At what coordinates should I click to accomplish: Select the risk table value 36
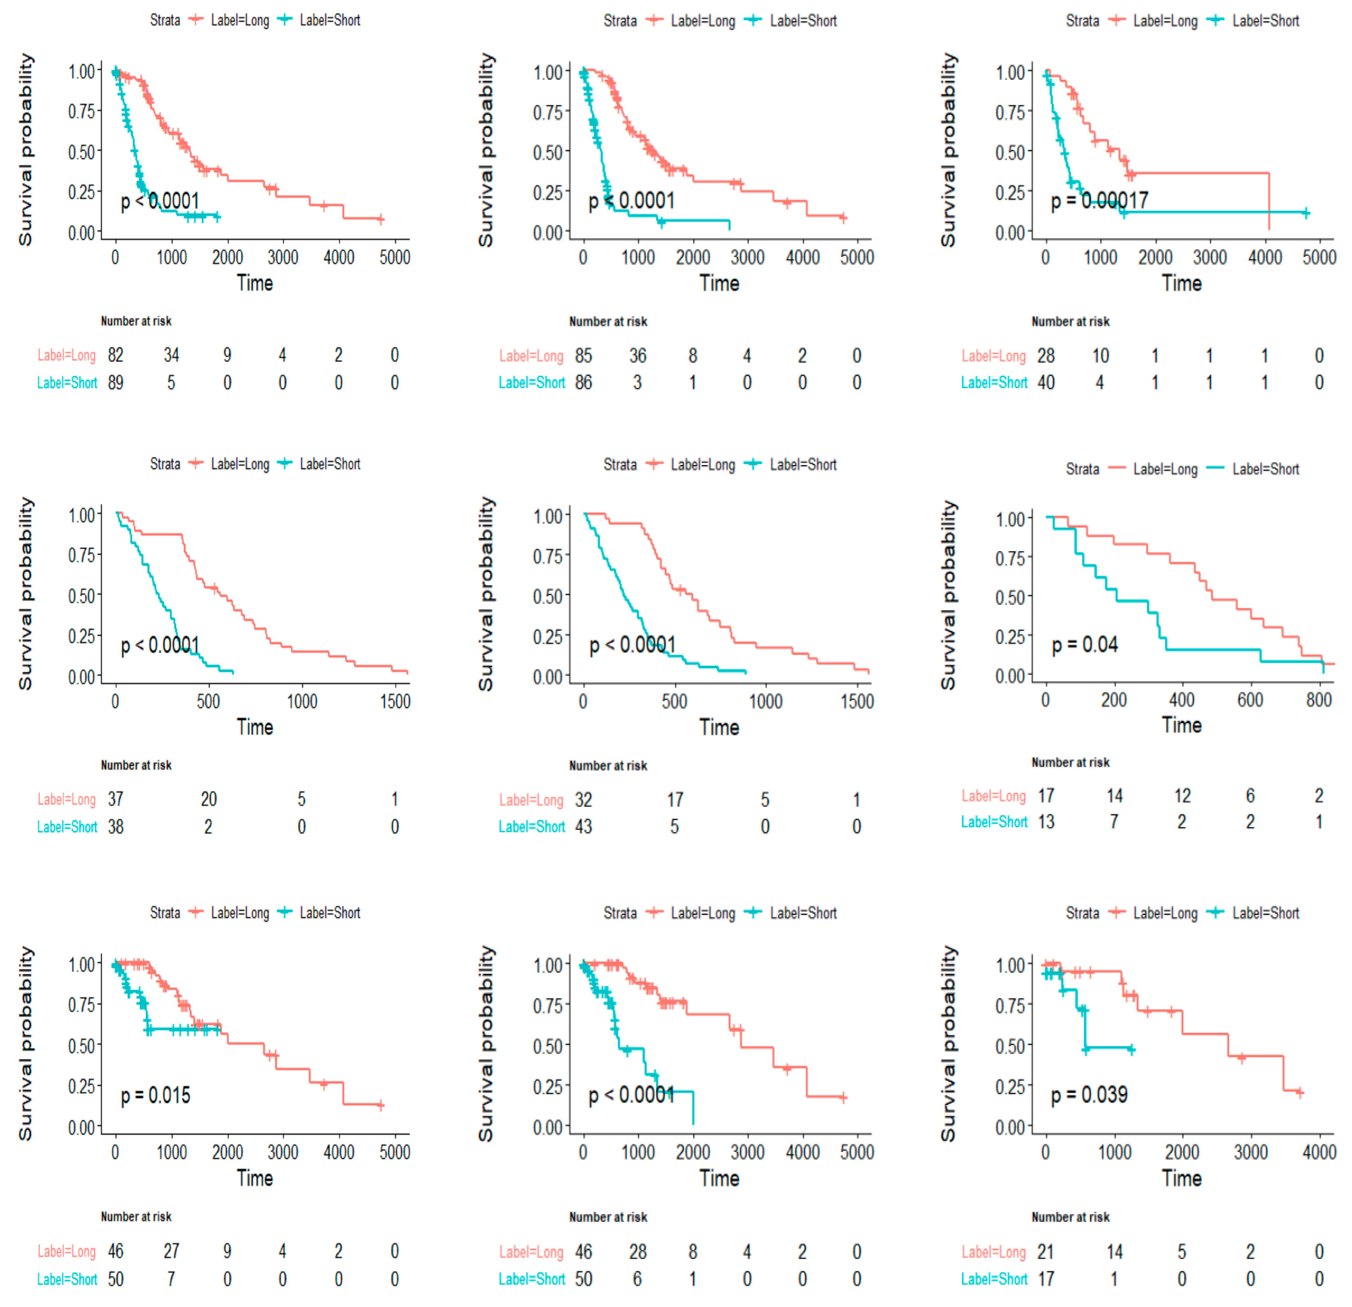[637, 356]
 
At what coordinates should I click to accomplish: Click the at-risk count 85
[584, 356]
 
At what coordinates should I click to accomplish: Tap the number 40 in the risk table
[1046, 383]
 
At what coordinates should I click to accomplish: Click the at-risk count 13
[1046, 822]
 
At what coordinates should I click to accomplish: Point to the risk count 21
[1046, 1252]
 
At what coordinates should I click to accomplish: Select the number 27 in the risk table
[171, 1251]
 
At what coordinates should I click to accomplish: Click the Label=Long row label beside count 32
[531, 800]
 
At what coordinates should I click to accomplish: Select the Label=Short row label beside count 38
[67, 827]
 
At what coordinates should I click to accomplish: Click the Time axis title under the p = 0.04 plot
[1182, 726]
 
